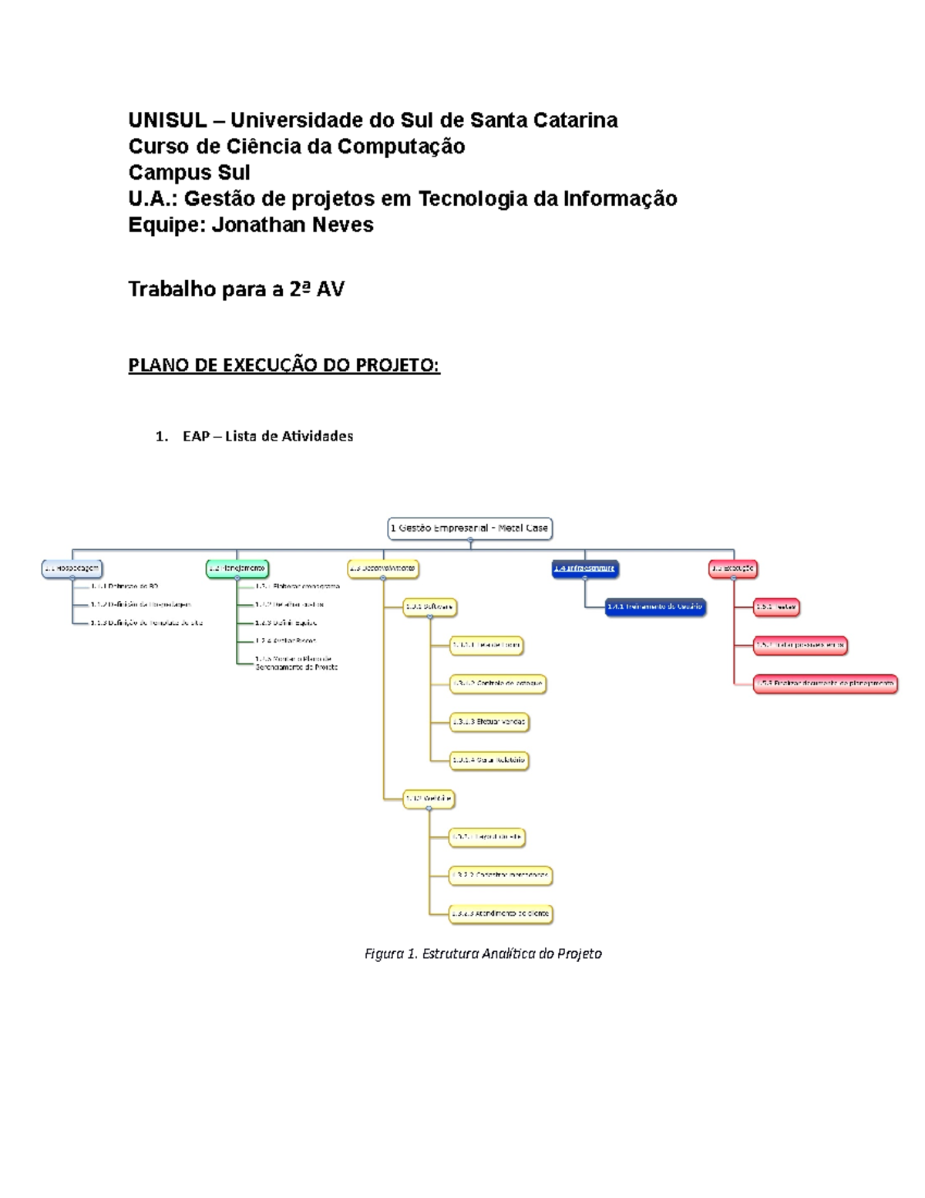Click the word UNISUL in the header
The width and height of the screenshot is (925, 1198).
click(x=167, y=120)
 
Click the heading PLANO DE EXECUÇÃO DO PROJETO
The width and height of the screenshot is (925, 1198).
click(x=284, y=365)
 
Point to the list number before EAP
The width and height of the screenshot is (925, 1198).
click(x=161, y=437)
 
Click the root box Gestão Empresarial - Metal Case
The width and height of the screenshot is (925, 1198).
click(x=469, y=528)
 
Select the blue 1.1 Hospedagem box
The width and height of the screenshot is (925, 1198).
click(x=72, y=569)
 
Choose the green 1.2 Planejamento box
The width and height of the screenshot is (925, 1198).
click(x=237, y=569)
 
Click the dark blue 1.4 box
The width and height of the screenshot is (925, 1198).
click(x=585, y=569)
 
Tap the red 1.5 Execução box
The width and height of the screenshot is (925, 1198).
click(x=733, y=569)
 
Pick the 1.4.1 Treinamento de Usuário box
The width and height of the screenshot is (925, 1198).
click(x=655, y=607)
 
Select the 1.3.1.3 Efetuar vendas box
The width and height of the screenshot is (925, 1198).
click(x=489, y=722)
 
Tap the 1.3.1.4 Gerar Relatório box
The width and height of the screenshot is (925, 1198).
click(x=489, y=761)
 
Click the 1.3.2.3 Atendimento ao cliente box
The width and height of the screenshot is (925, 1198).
click(x=501, y=914)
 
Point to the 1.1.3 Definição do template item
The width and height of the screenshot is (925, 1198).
click(x=146, y=623)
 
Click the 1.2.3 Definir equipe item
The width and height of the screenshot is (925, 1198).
click(x=286, y=623)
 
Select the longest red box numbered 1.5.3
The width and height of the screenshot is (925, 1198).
click(x=825, y=683)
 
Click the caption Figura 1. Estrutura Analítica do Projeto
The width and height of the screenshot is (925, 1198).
click(x=483, y=954)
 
